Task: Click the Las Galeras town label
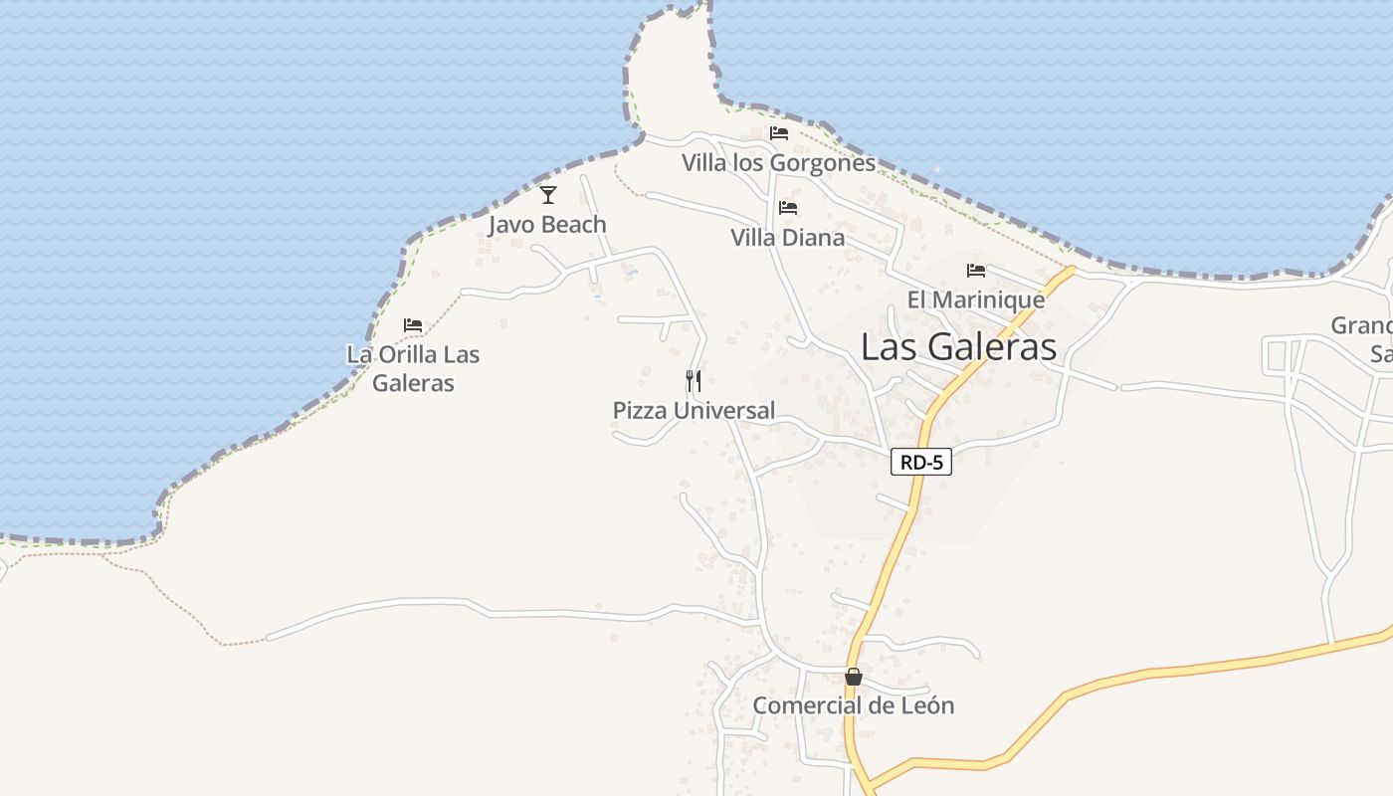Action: pos(958,346)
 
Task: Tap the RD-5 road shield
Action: pos(921,462)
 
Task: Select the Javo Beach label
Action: pos(547,225)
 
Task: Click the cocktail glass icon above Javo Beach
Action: pos(547,195)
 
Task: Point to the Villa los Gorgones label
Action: pos(778,162)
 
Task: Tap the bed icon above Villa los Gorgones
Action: pos(778,133)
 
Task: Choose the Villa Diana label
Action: pos(787,238)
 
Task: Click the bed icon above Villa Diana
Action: pos(788,208)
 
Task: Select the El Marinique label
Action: pos(975,299)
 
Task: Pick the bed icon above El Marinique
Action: pos(975,271)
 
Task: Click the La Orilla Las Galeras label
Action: pos(413,368)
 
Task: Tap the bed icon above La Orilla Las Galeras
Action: pos(413,325)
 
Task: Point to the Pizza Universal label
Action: pos(694,410)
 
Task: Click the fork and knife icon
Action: pos(694,380)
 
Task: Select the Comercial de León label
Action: pos(853,705)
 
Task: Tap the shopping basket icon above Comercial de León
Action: pos(853,677)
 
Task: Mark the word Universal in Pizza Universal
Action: pos(723,410)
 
